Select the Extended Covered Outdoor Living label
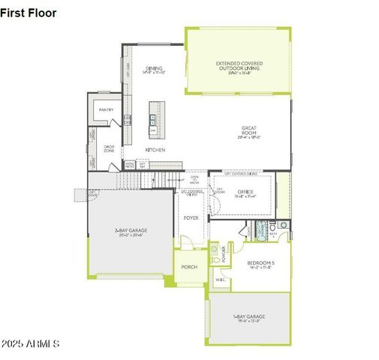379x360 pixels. coord(239,66)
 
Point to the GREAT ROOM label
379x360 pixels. coord(249,130)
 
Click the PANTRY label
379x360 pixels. coord(106,109)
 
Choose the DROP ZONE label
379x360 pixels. coord(109,148)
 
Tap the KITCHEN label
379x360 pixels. coord(155,149)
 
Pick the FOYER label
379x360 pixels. coord(191,217)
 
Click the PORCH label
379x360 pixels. coord(188,266)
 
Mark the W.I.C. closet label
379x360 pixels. coord(221,280)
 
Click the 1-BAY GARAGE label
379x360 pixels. coord(248,318)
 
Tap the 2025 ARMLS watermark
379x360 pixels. coord(30,343)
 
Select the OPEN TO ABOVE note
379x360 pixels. coord(194,180)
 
